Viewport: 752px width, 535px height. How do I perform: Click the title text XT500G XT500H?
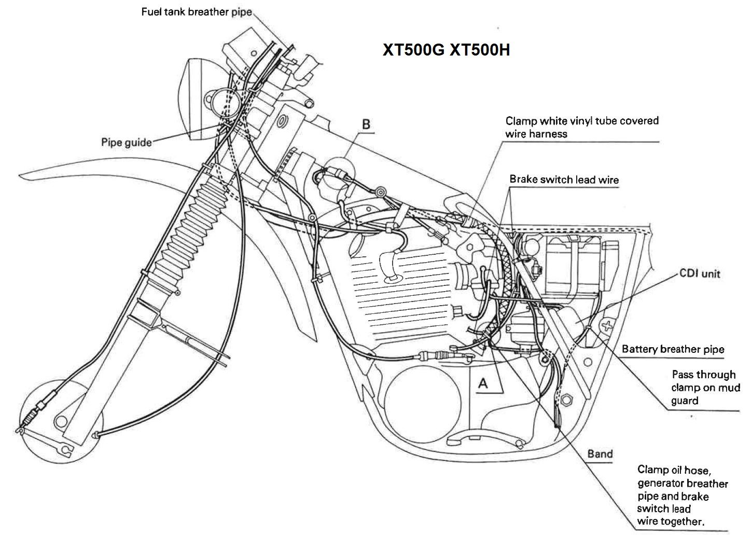pyautogui.click(x=446, y=50)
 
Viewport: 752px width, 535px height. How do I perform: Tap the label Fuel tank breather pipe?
pyautogui.click(x=197, y=11)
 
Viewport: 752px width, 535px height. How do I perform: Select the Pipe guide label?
pyautogui.click(x=126, y=142)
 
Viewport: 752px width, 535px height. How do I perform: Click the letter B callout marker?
pyautogui.click(x=366, y=125)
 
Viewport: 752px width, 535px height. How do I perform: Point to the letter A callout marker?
pyautogui.click(x=483, y=383)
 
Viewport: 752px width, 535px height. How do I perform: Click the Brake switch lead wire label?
pyautogui.click(x=564, y=180)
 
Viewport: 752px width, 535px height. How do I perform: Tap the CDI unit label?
pyautogui.click(x=700, y=273)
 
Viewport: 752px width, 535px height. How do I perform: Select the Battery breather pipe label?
pyautogui.click(x=673, y=349)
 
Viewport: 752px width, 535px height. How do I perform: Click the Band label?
pyautogui.click(x=600, y=454)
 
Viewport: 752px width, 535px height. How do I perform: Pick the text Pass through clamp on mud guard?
pyautogui.click(x=703, y=387)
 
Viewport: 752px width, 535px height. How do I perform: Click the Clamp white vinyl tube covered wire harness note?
pyautogui.click(x=581, y=127)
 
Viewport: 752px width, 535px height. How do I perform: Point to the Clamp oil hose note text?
pyautogui.click(x=682, y=495)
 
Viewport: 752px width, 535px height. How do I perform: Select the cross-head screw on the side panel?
pyautogui.click(x=606, y=326)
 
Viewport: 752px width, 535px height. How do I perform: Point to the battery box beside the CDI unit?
pyautogui.click(x=573, y=265)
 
